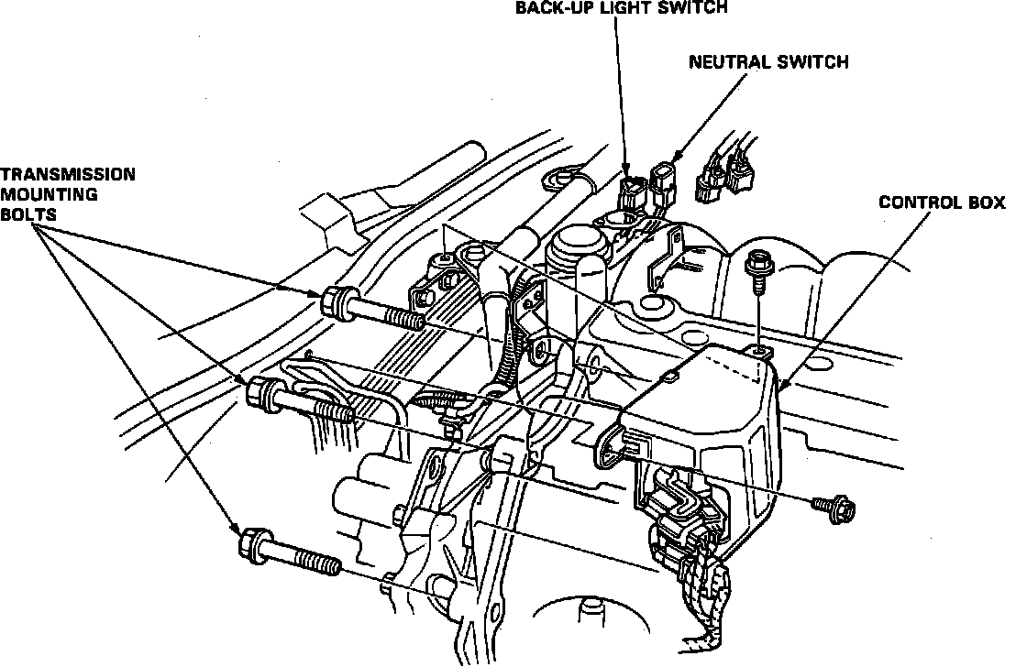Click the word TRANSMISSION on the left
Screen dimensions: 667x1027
click(x=68, y=174)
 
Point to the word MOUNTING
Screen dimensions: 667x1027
click(x=49, y=194)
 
